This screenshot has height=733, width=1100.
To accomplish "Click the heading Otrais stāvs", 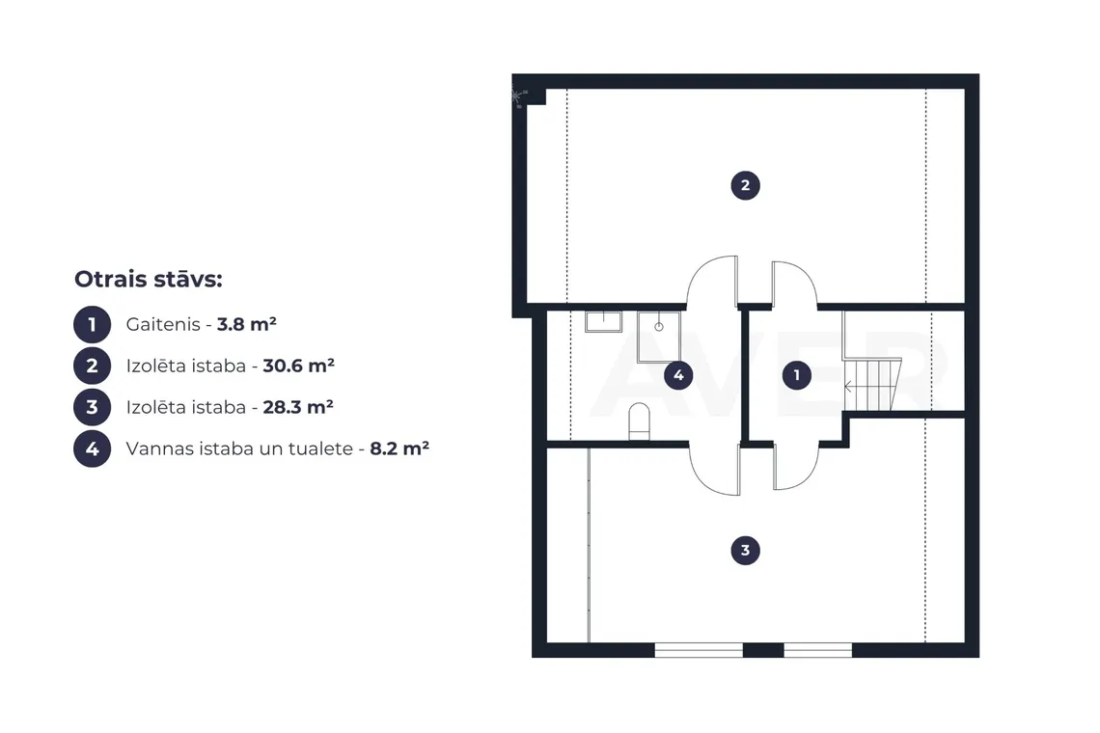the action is (148, 279).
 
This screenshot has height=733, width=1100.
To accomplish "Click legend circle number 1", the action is (92, 325).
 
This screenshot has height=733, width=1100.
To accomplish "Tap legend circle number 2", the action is (92, 366).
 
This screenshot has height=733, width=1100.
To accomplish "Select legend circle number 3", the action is (92, 408).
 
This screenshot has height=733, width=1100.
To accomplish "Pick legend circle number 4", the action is (92, 448).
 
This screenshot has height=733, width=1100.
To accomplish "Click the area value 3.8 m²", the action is (246, 324).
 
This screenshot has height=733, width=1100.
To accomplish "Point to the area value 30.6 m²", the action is (298, 366).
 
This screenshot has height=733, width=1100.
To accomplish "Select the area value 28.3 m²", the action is (297, 407).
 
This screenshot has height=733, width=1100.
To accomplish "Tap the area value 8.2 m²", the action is (399, 448).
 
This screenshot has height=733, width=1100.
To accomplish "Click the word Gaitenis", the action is (163, 324).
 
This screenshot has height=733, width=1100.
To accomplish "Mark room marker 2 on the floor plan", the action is (745, 185).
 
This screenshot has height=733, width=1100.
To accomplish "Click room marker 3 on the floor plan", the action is (745, 551).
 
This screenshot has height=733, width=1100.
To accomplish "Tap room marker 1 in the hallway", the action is (796, 375).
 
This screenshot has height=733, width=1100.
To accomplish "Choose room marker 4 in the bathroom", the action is (678, 375).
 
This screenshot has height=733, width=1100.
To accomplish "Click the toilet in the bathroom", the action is (639, 421).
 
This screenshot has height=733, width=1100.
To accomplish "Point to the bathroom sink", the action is (603, 321).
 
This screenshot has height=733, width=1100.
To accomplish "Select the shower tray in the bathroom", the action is (659, 337).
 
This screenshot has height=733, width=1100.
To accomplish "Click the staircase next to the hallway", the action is (872, 385).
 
